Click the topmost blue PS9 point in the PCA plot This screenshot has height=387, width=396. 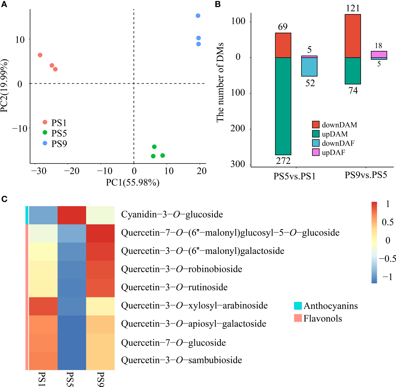[198, 16]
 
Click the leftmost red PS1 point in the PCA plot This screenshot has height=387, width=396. [40, 55]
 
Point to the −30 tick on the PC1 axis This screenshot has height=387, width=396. [39, 171]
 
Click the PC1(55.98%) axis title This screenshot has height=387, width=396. [133, 183]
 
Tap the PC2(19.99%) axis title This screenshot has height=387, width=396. [4, 86]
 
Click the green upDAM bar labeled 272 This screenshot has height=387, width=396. [283, 106]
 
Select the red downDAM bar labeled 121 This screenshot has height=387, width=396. [353, 36]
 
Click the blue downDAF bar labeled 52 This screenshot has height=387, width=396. [309, 67]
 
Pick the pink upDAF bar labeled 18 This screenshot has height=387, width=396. [379, 54]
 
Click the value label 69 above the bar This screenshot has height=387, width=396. [283, 27]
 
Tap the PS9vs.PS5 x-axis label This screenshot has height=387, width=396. [366, 175]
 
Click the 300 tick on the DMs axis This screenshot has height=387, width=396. [238, 164]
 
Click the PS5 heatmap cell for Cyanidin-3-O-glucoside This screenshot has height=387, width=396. [72, 215]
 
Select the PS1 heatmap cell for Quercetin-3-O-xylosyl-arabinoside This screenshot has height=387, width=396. [43, 306]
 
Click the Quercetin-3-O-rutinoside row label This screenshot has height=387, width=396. [174, 287]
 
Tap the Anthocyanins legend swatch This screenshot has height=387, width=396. [298, 306]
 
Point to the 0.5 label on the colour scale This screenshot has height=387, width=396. [388, 222]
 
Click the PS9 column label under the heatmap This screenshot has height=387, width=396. [100, 379]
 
